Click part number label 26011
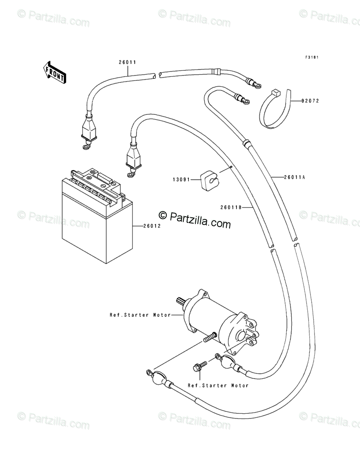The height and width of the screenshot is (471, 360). [127, 62]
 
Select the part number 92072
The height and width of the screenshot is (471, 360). [310, 101]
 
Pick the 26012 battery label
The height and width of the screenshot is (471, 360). [152, 226]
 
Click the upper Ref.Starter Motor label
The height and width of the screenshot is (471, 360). [140, 315]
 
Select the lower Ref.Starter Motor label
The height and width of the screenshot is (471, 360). [218, 385]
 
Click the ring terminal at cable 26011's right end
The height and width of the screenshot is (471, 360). [255, 85]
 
